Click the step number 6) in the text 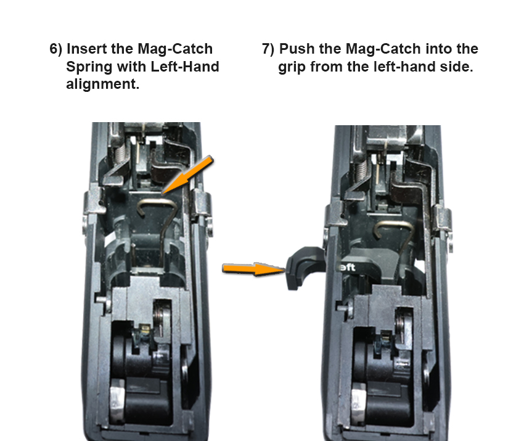tap(56, 49)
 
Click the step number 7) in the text tap(268, 49)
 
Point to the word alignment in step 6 tap(102, 84)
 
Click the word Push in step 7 tap(297, 49)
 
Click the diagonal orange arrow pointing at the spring tap(187, 175)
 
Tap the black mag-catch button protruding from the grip tap(305, 267)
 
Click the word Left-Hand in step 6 tap(185, 67)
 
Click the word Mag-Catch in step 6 tap(175, 49)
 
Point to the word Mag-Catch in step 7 tap(383, 49)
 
